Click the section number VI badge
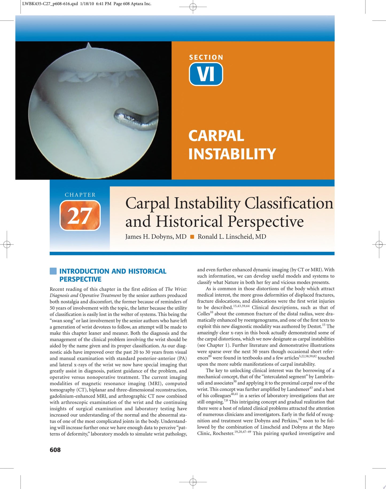tap(206, 74)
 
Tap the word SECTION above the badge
tap(206, 57)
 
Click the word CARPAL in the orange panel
tap(216, 136)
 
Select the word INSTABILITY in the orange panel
tap(232, 154)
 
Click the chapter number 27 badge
tap(80, 215)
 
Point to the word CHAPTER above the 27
tap(80, 195)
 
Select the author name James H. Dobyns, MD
tap(156, 237)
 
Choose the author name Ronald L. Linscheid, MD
tap(232, 237)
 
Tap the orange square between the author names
tap(192, 237)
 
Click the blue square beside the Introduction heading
tap(53, 271)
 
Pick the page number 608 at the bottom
tap(55, 450)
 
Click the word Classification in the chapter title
tap(289, 204)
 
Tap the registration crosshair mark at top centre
tap(193, 6)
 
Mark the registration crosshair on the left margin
tap(7, 244)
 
